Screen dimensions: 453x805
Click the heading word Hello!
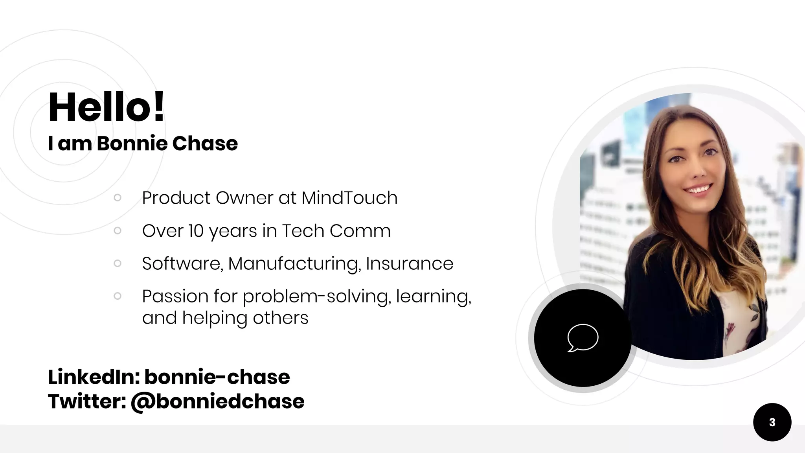click(x=106, y=107)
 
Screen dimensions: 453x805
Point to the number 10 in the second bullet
click(x=195, y=231)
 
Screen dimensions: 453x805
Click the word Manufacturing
click(x=294, y=263)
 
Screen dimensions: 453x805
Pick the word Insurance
click(x=409, y=263)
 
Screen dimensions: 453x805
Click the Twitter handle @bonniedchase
click(x=217, y=401)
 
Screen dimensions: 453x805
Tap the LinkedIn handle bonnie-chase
click(x=217, y=377)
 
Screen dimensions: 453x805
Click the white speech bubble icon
click(x=583, y=338)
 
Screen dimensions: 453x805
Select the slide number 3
click(x=772, y=422)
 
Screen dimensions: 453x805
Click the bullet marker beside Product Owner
click(x=117, y=197)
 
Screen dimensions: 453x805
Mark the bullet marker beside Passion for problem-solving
click(x=117, y=296)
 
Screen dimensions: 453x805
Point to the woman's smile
click(x=698, y=190)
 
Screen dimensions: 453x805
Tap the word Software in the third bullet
click(x=182, y=263)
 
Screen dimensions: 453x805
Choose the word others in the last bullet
click(x=280, y=318)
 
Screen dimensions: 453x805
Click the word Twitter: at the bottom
click(x=87, y=401)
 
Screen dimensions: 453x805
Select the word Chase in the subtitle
click(x=205, y=144)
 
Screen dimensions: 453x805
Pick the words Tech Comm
click(x=336, y=231)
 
